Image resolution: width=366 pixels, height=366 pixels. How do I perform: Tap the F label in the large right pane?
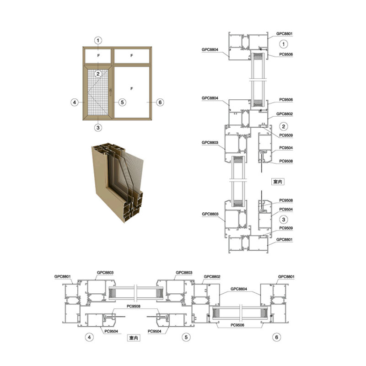132,89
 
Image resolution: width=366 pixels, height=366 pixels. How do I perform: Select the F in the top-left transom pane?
98,55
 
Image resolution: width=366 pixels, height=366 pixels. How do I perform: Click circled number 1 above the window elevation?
98,40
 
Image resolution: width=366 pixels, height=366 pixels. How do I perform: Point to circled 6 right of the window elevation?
160,102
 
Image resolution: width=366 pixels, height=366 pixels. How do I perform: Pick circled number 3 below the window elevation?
98,128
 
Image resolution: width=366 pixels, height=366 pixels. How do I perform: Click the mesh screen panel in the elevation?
98,92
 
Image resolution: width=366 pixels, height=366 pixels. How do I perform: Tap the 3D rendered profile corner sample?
118,182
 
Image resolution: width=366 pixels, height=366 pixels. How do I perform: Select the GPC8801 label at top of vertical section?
284,33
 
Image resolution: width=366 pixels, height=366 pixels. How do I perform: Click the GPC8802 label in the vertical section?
284,114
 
